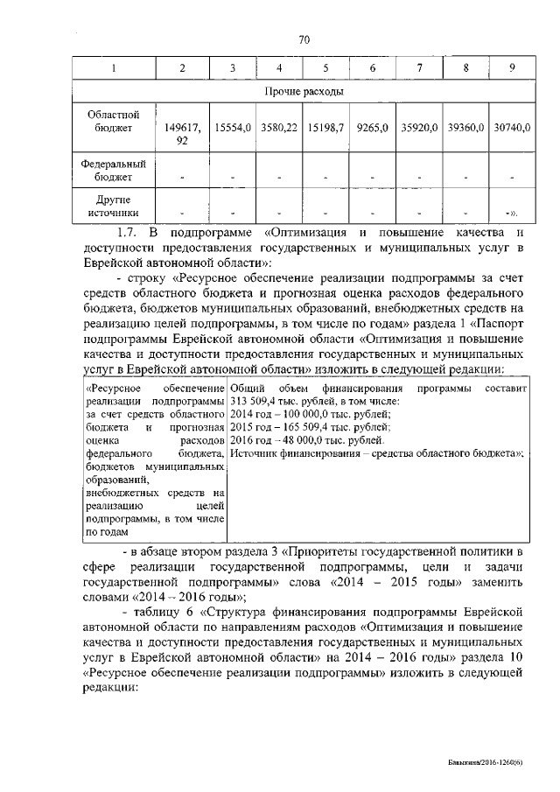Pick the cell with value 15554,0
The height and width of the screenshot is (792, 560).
pyautogui.click(x=233, y=128)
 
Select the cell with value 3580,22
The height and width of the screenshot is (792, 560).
pyautogui.click(x=278, y=128)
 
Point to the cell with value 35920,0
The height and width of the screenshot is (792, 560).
pyautogui.click(x=419, y=128)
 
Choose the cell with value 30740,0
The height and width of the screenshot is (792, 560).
pyautogui.click(x=512, y=128)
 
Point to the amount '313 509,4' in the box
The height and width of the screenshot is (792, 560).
pyautogui.click(x=253, y=400)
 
